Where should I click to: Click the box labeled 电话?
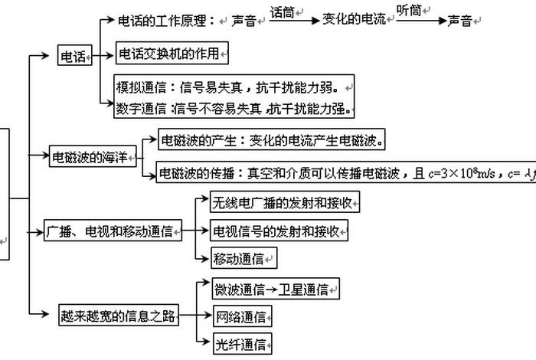[75, 56]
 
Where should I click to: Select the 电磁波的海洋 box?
[92, 159]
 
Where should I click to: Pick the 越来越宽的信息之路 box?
[119, 315]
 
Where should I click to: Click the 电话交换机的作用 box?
[172, 54]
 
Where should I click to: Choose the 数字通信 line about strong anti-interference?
[234, 110]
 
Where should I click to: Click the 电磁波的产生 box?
[271, 141]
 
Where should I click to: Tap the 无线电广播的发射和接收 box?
[284, 203]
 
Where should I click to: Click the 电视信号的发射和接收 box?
[279, 231]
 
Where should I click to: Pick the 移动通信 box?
[243, 259]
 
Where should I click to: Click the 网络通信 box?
[241, 316]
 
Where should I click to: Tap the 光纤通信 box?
[241, 344]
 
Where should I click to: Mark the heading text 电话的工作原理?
[162, 20]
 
